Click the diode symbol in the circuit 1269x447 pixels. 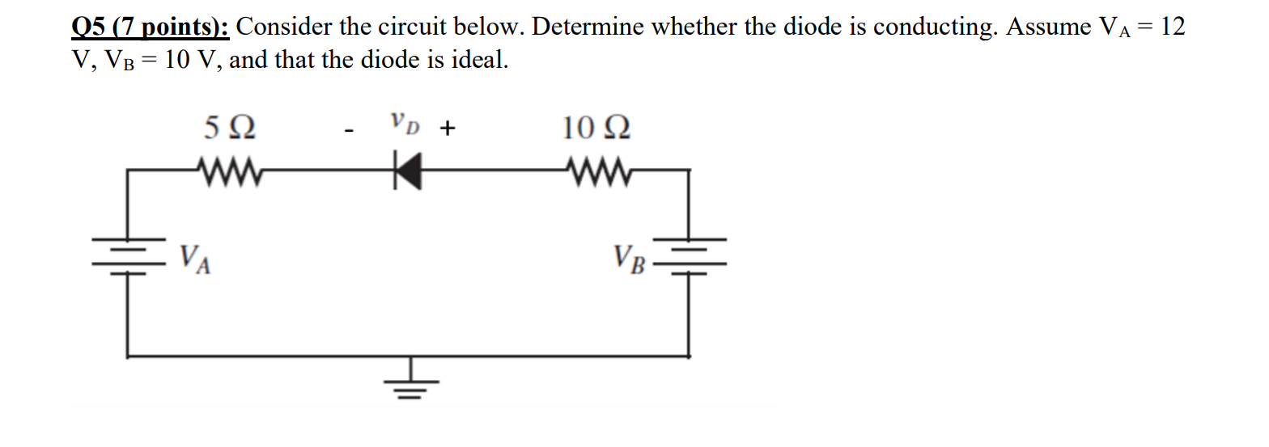coord(408,171)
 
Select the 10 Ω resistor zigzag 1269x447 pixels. coord(596,171)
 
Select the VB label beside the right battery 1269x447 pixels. coord(630,259)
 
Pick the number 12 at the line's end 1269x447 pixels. coord(1171,27)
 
